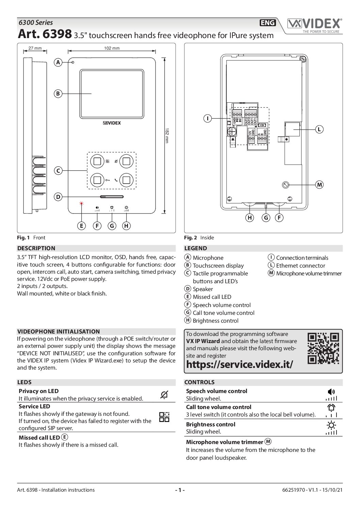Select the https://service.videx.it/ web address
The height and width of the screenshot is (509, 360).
tap(240, 364)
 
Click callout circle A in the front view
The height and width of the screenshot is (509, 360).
tap(58, 62)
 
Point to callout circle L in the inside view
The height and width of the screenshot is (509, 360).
tap(319, 129)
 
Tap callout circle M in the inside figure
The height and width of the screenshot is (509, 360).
tap(319, 185)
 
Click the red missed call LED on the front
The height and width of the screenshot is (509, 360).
tap(81, 204)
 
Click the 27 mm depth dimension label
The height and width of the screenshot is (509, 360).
tap(35, 48)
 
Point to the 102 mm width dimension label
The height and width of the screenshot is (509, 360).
tap(112, 48)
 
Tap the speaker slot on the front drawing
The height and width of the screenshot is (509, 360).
tap(112, 197)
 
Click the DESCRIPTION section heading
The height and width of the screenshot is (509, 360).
tap(36, 248)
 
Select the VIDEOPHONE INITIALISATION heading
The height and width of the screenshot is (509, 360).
tap(59, 332)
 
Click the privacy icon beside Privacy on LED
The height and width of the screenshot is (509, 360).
tap(164, 395)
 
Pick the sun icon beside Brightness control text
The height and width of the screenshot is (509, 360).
tap(331, 425)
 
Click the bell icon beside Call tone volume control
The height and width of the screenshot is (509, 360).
tap(331, 407)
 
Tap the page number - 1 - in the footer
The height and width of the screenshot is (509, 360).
tap(180, 490)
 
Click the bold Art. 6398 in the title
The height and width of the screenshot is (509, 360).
tap(45, 34)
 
